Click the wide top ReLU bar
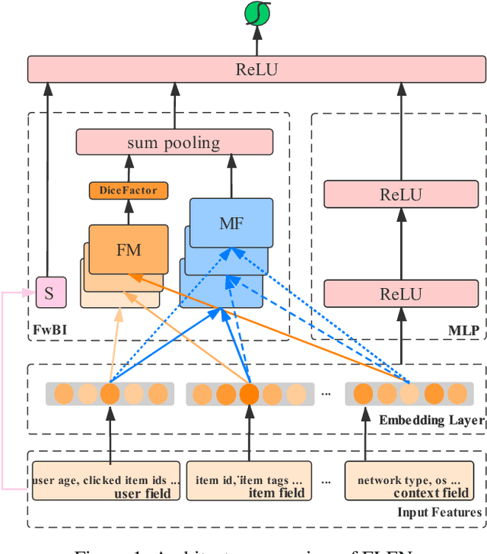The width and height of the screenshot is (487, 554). pos(256,69)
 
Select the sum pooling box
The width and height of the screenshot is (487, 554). pos(173,142)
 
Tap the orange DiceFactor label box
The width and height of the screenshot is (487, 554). pos(128,190)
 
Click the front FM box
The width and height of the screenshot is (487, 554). pos(128,248)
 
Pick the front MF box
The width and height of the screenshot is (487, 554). pos(231,223)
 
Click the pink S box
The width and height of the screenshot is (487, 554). pos(49,293)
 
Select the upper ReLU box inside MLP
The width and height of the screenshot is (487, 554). pos(400,194)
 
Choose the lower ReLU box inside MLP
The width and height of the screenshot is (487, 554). pos(400,293)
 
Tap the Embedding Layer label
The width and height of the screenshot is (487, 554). pos(431,420)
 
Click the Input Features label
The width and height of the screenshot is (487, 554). pos(439,511)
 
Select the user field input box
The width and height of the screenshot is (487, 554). pos(106,480)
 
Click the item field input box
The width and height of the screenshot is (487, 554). pos(249,480)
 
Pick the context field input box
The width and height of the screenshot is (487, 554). pos(404,480)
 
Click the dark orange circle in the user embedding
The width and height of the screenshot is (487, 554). pos(110,394)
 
